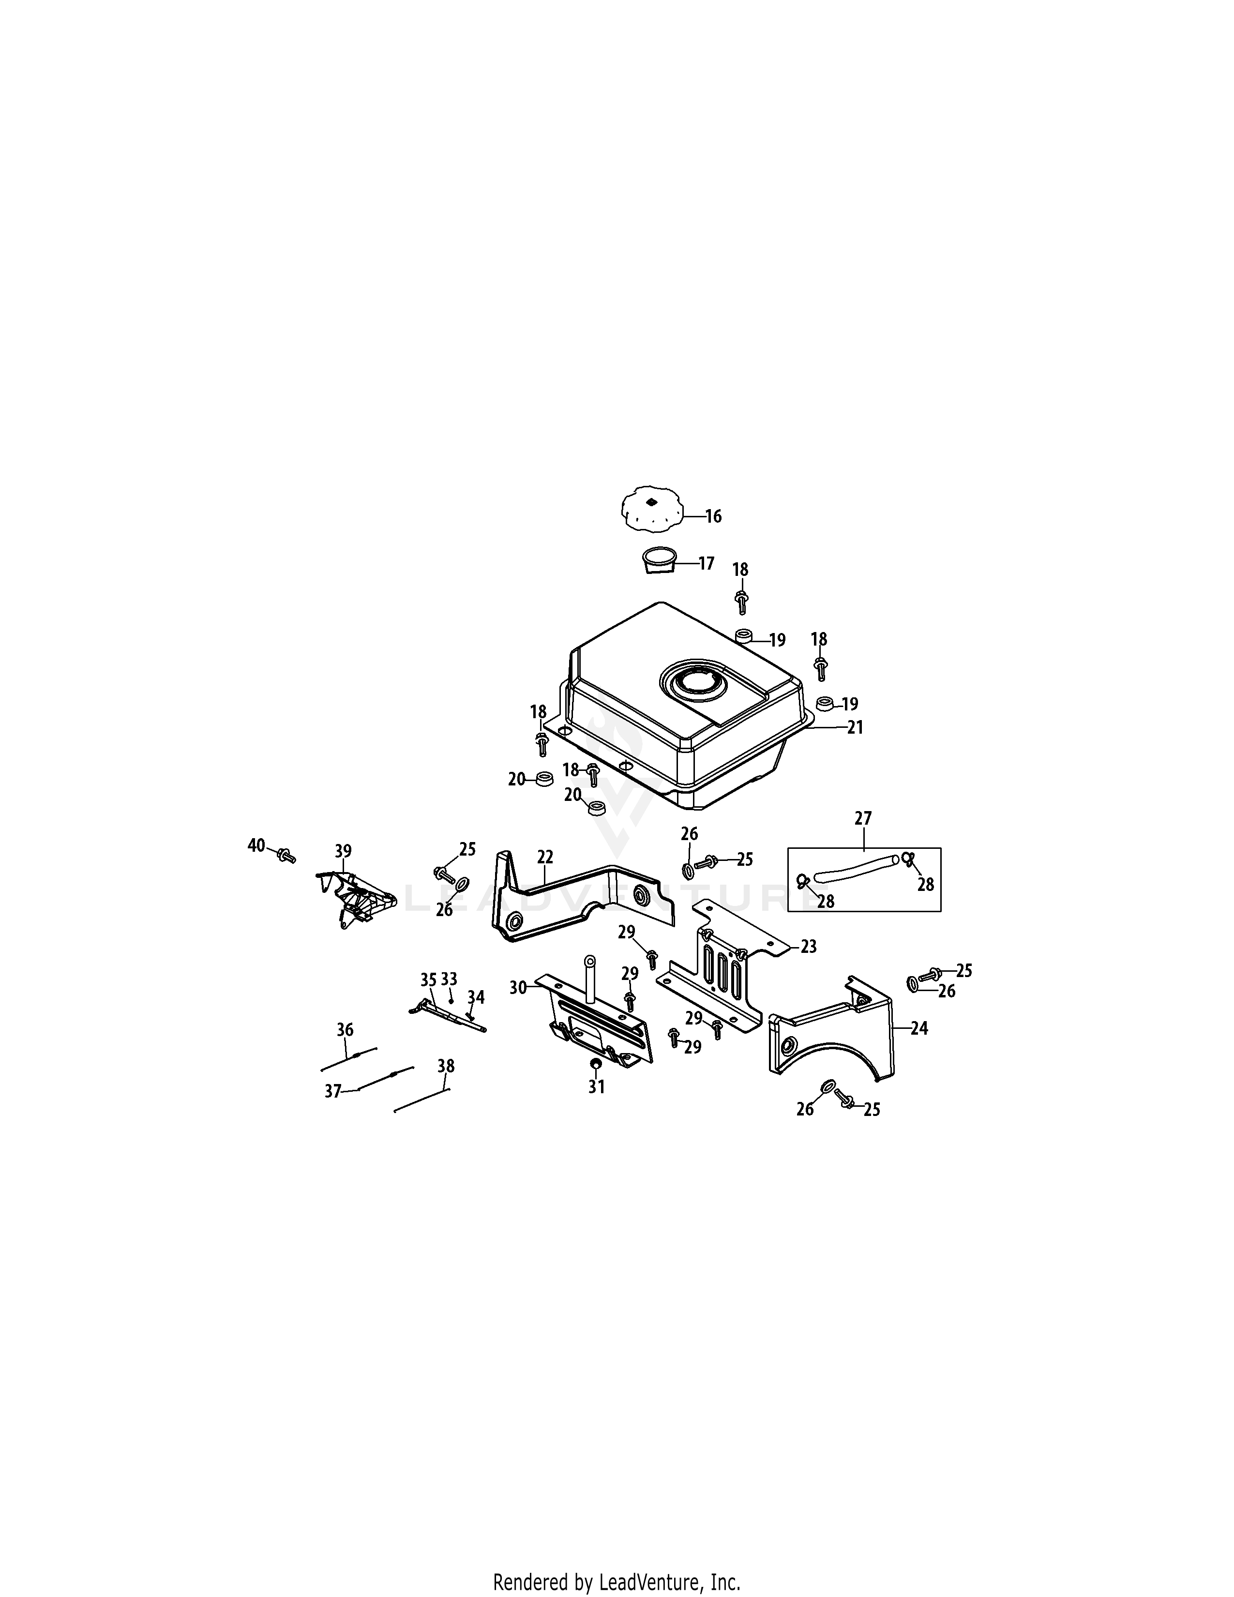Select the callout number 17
click(706, 564)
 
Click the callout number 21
click(855, 727)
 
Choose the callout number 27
click(863, 818)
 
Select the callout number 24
click(919, 1028)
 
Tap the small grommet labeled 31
click(595, 1062)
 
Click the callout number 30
click(518, 988)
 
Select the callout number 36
click(345, 1029)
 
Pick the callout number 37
click(332, 1091)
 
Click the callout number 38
click(446, 1066)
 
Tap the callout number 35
click(428, 979)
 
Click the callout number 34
click(476, 996)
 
